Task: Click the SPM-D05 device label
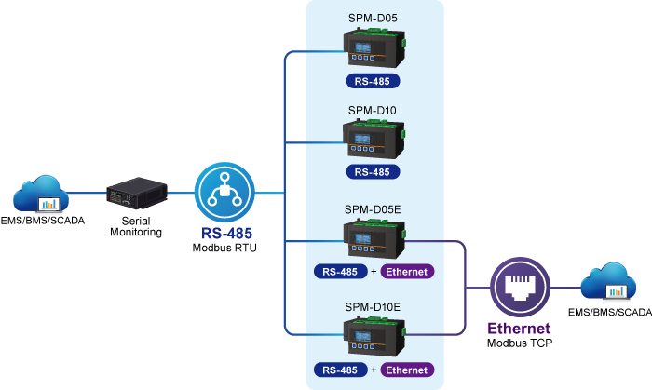point(373,19)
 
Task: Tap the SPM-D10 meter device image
point(374,139)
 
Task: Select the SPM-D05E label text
point(373,209)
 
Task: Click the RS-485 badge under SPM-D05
point(373,81)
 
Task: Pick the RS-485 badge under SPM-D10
point(373,172)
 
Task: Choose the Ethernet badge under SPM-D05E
point(407,272)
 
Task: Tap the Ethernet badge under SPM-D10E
point(407,370)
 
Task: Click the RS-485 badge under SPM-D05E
point(341,272)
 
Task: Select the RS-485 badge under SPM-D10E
point(341,370)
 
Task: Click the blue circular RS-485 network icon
point(224,193)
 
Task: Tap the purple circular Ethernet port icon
point(520,287)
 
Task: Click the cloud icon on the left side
point(41,194)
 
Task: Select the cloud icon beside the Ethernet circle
point(608,281)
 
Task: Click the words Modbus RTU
point(224,248)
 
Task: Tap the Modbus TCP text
point(520,343)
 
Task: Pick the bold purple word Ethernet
point(519,329)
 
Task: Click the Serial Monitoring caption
point(136,226)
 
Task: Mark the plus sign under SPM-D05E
point(374,272)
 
